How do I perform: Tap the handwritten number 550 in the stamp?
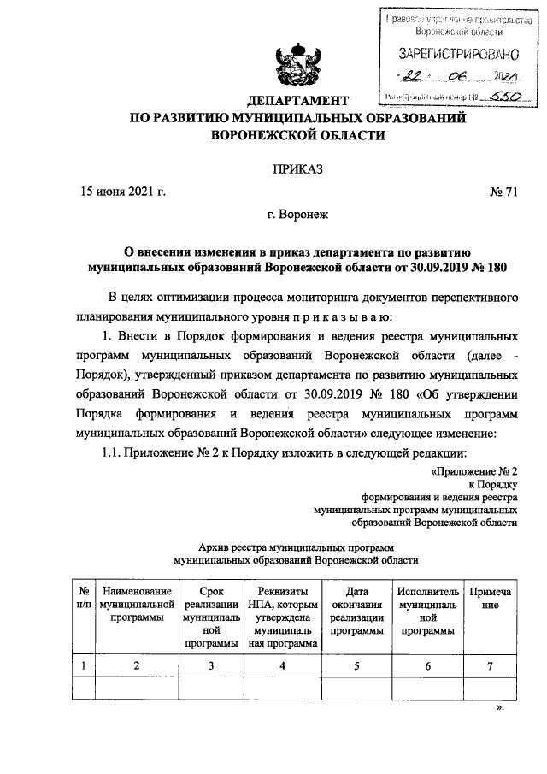tap(497, 98)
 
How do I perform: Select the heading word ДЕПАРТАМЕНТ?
tap(297, 101)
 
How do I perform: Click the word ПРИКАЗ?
tap(297, 170)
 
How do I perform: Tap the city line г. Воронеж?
tap(297, 219)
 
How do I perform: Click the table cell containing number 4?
tap(281, 665)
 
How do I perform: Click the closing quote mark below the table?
tap(501, 709)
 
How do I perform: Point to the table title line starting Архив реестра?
tap(296, 545)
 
